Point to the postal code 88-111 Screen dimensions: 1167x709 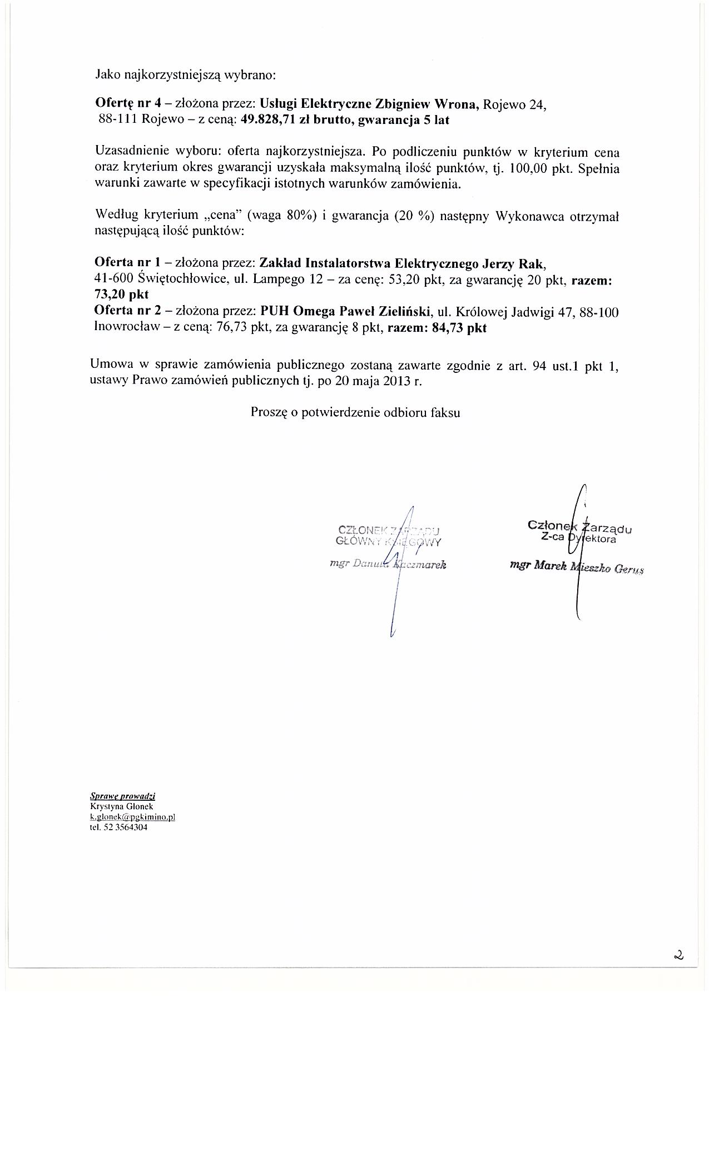pyautogui.click(x=118, y=120)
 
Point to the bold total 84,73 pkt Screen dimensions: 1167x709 pyautogui.click(x=459, y=328)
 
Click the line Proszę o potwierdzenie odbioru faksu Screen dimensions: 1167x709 pyautogui.click(x=355, y=412)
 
